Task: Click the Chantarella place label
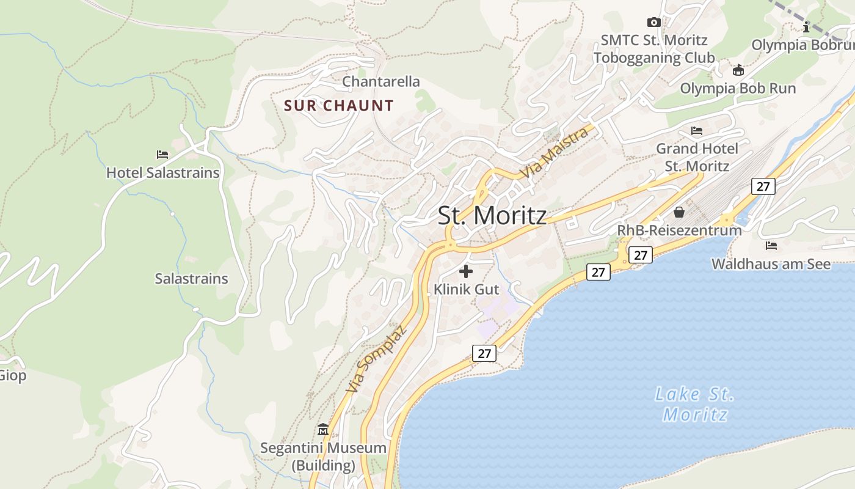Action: [x=381, y=81]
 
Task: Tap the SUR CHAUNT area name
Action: [x=339, y=106]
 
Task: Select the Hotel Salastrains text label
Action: [x=162, y=172]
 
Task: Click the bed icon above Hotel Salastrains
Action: [x=162, y=154]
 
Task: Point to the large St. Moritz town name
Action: [x=492, y=216]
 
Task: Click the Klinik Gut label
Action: [x=466, y=289]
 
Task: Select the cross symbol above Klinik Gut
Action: [x=466, y=271]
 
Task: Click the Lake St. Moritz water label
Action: [x=695, y=404]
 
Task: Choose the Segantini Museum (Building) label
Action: [x=323, y=457]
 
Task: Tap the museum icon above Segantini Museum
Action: [x=323, y=430]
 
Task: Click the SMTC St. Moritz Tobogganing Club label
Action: [x=653, y=49]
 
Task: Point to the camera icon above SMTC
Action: [x=654, y=23]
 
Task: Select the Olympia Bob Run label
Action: [x=738, y=88]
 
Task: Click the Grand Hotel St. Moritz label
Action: [x=697, y=157]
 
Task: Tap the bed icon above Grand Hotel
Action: [x=697, y=131]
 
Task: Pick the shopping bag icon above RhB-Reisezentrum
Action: [x=679, y=212]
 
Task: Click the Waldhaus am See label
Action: [x=771, y=264]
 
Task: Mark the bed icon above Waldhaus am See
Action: [x=771, y=246]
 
